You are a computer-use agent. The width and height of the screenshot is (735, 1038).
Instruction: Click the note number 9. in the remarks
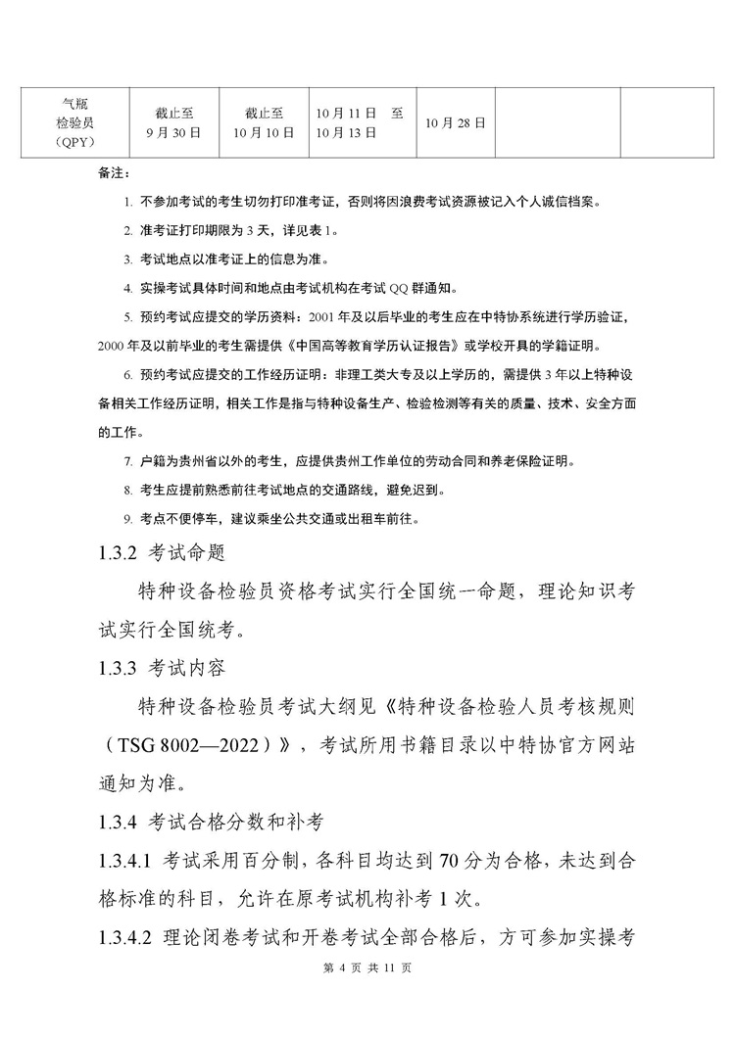pos(127,518)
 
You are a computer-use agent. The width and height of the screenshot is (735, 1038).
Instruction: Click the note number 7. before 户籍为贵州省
pos(127,460)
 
